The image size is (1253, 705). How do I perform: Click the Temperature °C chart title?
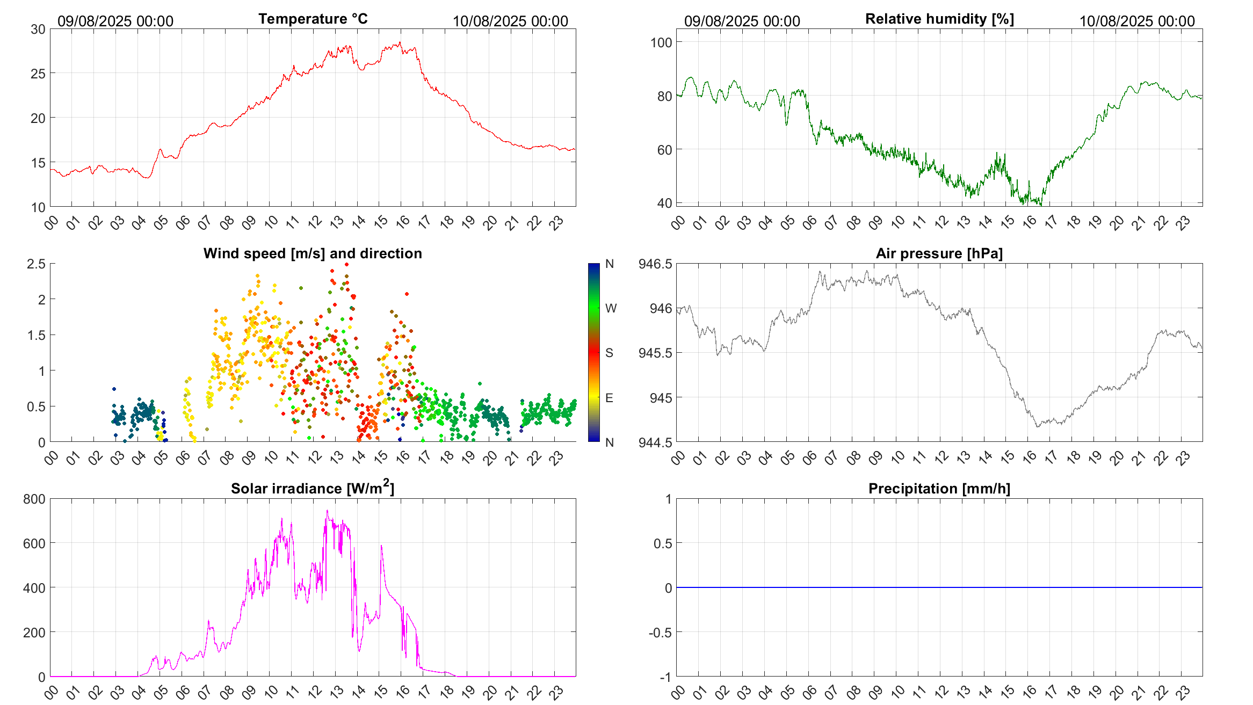click(x=313, y=19)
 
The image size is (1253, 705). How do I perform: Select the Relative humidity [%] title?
click(x=939, y=19)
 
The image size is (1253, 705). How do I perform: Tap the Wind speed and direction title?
click(x=313, y=253)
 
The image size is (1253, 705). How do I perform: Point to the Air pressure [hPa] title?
click(x=939, y=253)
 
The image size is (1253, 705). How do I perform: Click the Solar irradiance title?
click(x=313, y=488)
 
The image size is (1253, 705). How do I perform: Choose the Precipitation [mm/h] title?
click(x=939, y=489)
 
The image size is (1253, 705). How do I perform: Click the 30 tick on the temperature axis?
click(x=38, y=30)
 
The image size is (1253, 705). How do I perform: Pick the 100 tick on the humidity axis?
click(x=661, y=42)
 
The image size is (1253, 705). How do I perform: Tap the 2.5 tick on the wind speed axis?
click(x=37, y=264)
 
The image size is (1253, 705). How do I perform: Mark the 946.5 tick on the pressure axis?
click(x=655, y=264)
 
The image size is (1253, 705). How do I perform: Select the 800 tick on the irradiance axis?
click(x=34, y=499)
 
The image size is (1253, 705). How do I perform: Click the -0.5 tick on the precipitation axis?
click(x=661, y=633)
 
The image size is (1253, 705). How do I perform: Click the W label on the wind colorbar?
click(x=611, y=308)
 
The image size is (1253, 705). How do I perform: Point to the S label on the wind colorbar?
click(x=609, y=353)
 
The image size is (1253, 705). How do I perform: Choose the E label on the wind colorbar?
click(x=609, y=398)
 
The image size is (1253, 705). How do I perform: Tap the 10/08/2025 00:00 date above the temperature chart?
click(x=510, y=21)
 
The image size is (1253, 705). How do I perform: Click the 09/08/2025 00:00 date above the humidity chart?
click(x=742, y=21)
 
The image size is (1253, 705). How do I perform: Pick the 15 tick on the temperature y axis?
click(x=38, y=163)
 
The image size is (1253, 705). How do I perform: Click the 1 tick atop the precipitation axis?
click(x=668, y=499)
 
